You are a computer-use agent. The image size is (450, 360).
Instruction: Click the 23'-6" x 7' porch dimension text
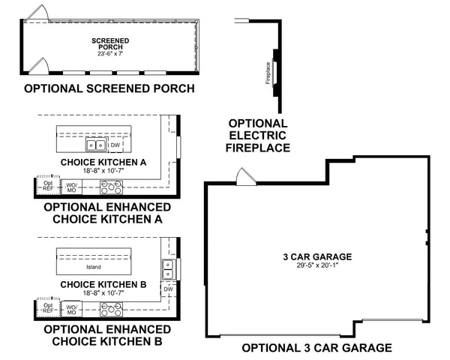point(109,54)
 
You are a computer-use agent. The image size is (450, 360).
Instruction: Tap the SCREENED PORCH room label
point(109,43)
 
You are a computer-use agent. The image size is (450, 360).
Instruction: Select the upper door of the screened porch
point(41,15)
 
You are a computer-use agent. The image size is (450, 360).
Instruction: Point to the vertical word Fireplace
point(267,74)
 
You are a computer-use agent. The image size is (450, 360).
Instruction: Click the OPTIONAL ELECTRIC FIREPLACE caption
point(259,136)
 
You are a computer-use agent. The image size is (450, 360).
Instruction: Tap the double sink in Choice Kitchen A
point(96,145)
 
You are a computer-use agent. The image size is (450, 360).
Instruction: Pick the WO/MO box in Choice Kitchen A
point(72,187)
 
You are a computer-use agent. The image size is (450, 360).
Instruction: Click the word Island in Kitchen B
point(93,267)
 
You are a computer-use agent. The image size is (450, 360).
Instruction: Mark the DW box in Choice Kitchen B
point(169,288)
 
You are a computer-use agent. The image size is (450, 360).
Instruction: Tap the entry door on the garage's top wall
point(245,177)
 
